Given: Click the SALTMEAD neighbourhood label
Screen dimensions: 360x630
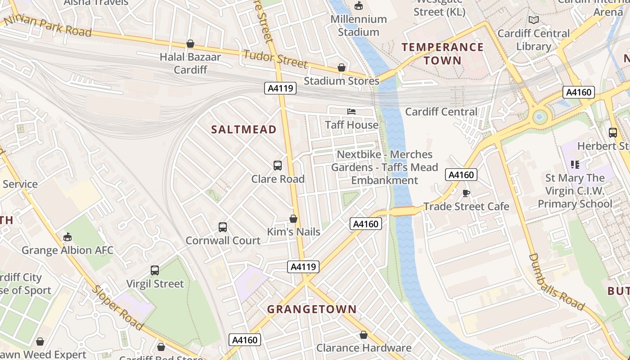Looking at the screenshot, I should tap(244, 130).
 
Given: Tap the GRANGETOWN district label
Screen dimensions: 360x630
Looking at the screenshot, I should tap(312, 310).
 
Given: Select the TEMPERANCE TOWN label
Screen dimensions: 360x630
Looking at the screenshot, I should tap(442, 54).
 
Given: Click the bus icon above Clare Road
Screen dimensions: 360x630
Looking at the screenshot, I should tap(278, 166).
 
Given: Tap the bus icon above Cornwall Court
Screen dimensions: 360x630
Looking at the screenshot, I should tap(223, 227).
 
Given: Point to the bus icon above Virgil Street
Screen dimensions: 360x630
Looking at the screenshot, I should tap(155, 270).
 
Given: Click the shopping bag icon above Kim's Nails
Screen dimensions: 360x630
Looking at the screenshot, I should tap(293, 219).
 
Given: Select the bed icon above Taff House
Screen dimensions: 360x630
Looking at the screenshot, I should tap(351, 111).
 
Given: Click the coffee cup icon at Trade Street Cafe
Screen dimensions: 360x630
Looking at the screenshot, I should tap(466, 193).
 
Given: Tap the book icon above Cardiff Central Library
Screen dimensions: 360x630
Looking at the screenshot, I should tap(534, 20).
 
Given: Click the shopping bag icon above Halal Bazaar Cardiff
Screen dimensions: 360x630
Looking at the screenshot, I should tap(190, 44).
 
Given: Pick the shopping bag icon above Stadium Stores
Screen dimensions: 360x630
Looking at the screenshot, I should tap(342, 67).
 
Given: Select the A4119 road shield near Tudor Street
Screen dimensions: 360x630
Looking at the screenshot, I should tap(280, 88).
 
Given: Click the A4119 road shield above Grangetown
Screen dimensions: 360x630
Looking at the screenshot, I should tap(303, 267).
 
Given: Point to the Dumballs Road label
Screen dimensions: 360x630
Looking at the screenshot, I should tap(556, 283).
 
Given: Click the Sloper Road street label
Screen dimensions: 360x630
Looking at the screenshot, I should tap(118, 308).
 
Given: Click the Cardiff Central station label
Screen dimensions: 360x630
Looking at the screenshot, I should tap(441, 112).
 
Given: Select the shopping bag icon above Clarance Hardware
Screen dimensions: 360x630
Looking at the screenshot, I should tap(364, 335).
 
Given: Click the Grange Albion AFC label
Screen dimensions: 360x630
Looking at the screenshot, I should tap(67, 251).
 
